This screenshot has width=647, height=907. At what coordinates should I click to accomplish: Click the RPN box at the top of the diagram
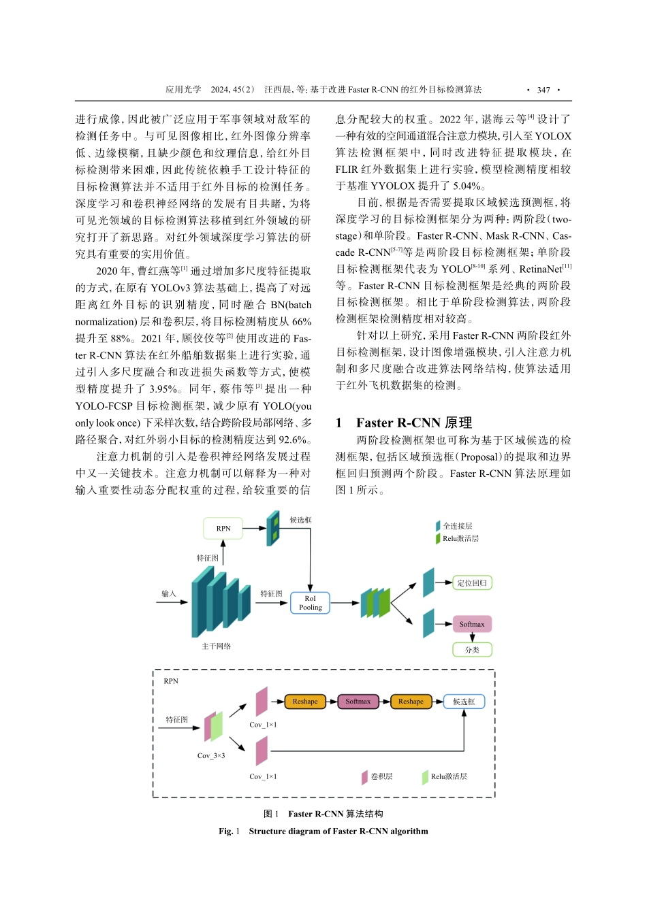point(223,528)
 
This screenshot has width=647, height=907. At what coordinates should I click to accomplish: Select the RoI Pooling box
point(310,603)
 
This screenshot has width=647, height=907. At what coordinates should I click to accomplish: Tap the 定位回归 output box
point(472,582)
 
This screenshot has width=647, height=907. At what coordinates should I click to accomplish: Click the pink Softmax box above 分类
point(471,624)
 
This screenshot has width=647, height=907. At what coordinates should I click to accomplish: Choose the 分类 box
point(472,650)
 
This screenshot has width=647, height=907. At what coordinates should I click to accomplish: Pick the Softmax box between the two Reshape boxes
point(358,702)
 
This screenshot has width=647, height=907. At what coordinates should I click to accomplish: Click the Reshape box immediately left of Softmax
point(305,702)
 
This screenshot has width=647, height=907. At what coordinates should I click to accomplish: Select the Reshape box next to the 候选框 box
point(411,702)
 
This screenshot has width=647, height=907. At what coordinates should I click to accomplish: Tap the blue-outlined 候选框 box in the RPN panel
point(464,702)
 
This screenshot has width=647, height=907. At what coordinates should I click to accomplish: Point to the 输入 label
point(169,593)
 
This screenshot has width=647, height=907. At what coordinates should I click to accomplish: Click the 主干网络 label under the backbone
point(216,646)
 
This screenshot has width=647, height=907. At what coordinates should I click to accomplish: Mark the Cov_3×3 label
point(211,755)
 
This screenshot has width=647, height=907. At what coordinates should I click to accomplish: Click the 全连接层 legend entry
point(457,526)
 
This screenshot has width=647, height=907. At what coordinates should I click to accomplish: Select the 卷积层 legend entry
point(381,776)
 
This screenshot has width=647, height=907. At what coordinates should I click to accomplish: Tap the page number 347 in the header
point(543,90)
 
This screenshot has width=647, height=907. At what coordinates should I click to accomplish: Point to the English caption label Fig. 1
point(229,831)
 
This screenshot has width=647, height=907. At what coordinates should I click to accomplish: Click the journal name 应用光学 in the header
point(183,90)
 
